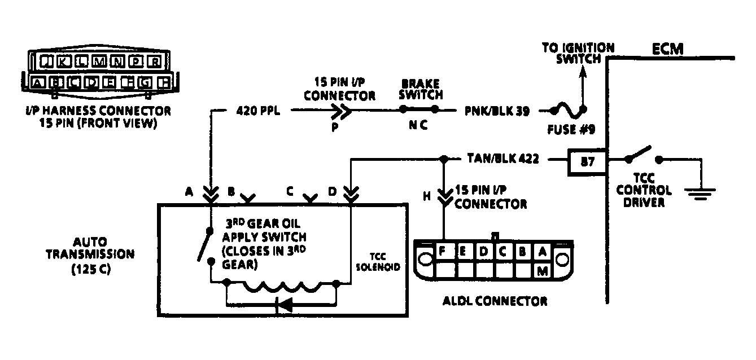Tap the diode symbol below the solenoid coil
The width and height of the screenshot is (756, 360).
tap(284, 305)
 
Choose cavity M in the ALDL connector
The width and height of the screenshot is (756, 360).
tap(543, 271)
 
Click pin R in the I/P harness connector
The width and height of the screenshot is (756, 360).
tap(156, 62)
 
